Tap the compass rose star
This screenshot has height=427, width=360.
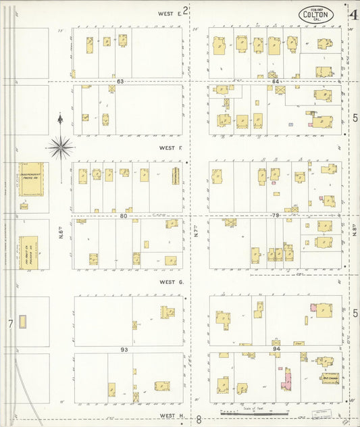point(61,146)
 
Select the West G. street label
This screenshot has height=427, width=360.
point(172,282)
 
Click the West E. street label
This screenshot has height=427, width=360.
point(170,13)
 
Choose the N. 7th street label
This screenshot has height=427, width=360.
point(194,234)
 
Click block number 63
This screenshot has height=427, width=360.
point(120,82)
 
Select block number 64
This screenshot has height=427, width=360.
point(276,82)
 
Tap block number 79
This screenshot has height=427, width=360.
point(275,216)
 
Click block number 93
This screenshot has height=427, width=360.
point(124,349)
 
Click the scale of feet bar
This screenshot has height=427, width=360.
point(255,411)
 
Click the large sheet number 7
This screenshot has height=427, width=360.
point(10,324)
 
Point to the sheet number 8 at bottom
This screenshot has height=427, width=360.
point(199,419)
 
